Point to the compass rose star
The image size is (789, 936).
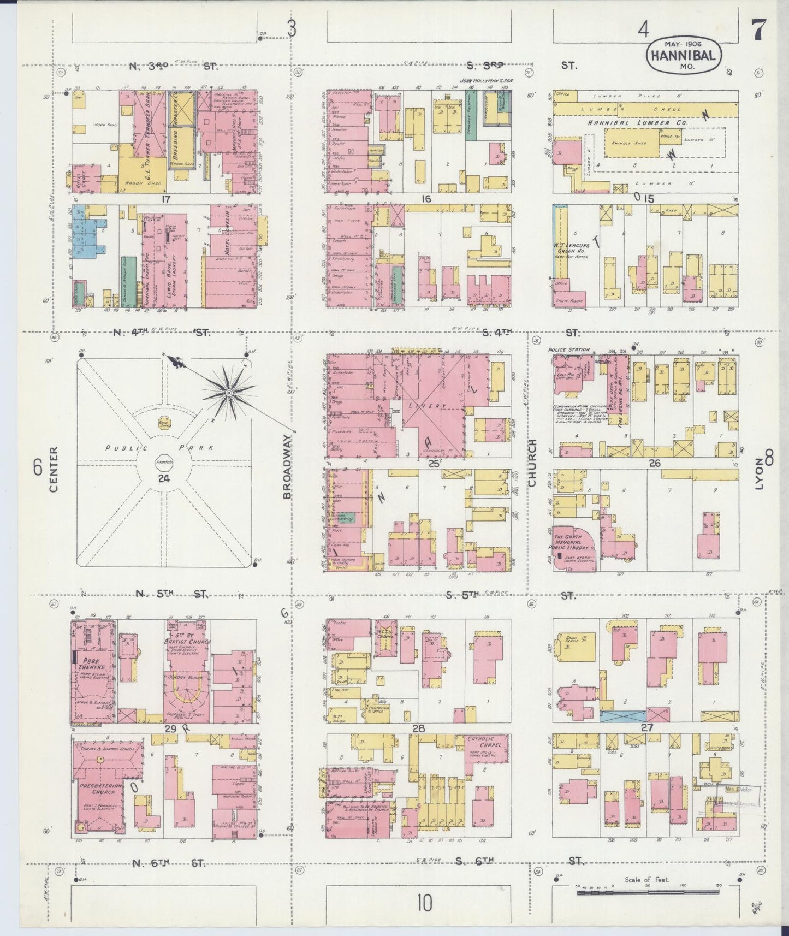coord(229,392)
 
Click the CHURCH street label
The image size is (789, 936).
coord(532,463)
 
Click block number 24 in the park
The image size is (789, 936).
coord(163,478)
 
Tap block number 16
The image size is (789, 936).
coord(426,199)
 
